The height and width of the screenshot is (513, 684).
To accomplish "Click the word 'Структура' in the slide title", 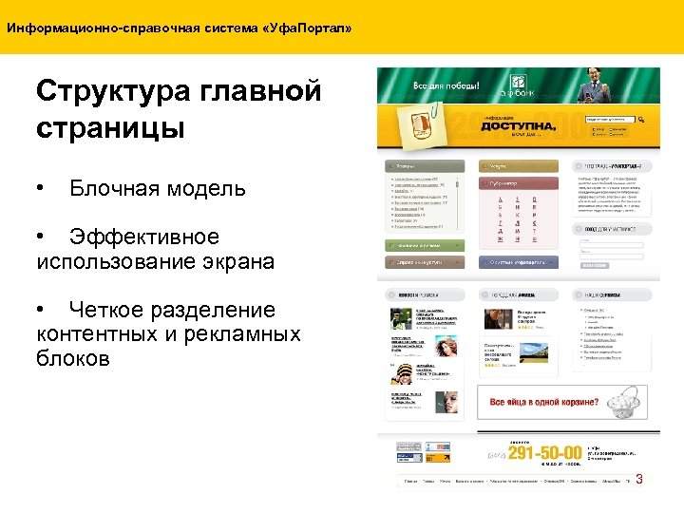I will point(113,92).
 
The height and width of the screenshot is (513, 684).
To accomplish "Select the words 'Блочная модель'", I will point(157,188).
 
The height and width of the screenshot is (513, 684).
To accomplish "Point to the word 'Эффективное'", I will point(144,237).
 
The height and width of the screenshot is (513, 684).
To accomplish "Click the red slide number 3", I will point(639,479).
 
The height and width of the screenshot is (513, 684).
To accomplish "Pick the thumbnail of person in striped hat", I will point(405,374).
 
